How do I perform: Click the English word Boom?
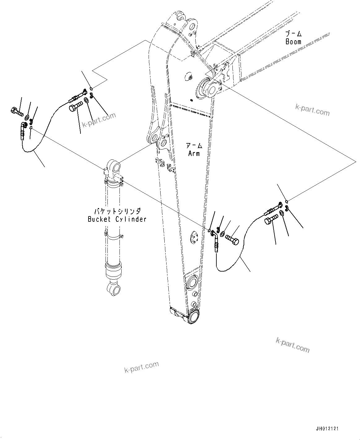(x=293, y=41)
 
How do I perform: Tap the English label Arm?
(x=194, y=153)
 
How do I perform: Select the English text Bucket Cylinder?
(x=117, y=219)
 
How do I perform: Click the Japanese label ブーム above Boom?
(x=293, y=34)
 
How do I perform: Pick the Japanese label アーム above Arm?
(x=194, y=146)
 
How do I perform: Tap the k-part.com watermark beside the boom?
(x=312, y=110)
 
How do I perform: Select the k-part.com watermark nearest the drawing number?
(x=293, y=345)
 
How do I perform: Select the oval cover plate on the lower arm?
(x=194, y=238)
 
